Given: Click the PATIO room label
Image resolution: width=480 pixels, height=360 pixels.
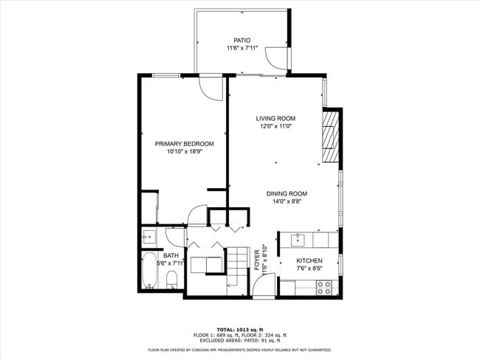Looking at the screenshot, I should (x=241, y=41).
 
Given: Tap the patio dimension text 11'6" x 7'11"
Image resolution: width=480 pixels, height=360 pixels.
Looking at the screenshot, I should (x=241, y=49).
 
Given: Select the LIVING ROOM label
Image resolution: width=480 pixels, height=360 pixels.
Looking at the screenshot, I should (x=275, y=119).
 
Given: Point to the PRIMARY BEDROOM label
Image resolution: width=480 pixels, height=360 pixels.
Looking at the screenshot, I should (x=184, y=144).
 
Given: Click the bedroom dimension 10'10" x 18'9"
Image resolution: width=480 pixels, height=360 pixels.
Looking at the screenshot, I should (x=184, y=152).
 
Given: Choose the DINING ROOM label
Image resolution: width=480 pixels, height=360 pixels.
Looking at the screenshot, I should (x=287, y=194).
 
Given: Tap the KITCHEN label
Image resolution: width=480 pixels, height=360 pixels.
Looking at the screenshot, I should (x=309, y=261).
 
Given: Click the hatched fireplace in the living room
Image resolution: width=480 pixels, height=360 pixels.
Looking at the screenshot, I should (x=330, y=136).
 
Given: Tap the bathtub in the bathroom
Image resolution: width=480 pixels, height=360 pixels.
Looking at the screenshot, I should (x=149, y=271).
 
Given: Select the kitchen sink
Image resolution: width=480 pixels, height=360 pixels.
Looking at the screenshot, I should (x=297, y=239).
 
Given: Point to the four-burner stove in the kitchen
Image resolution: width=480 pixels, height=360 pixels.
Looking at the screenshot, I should (x=325, y=288).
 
